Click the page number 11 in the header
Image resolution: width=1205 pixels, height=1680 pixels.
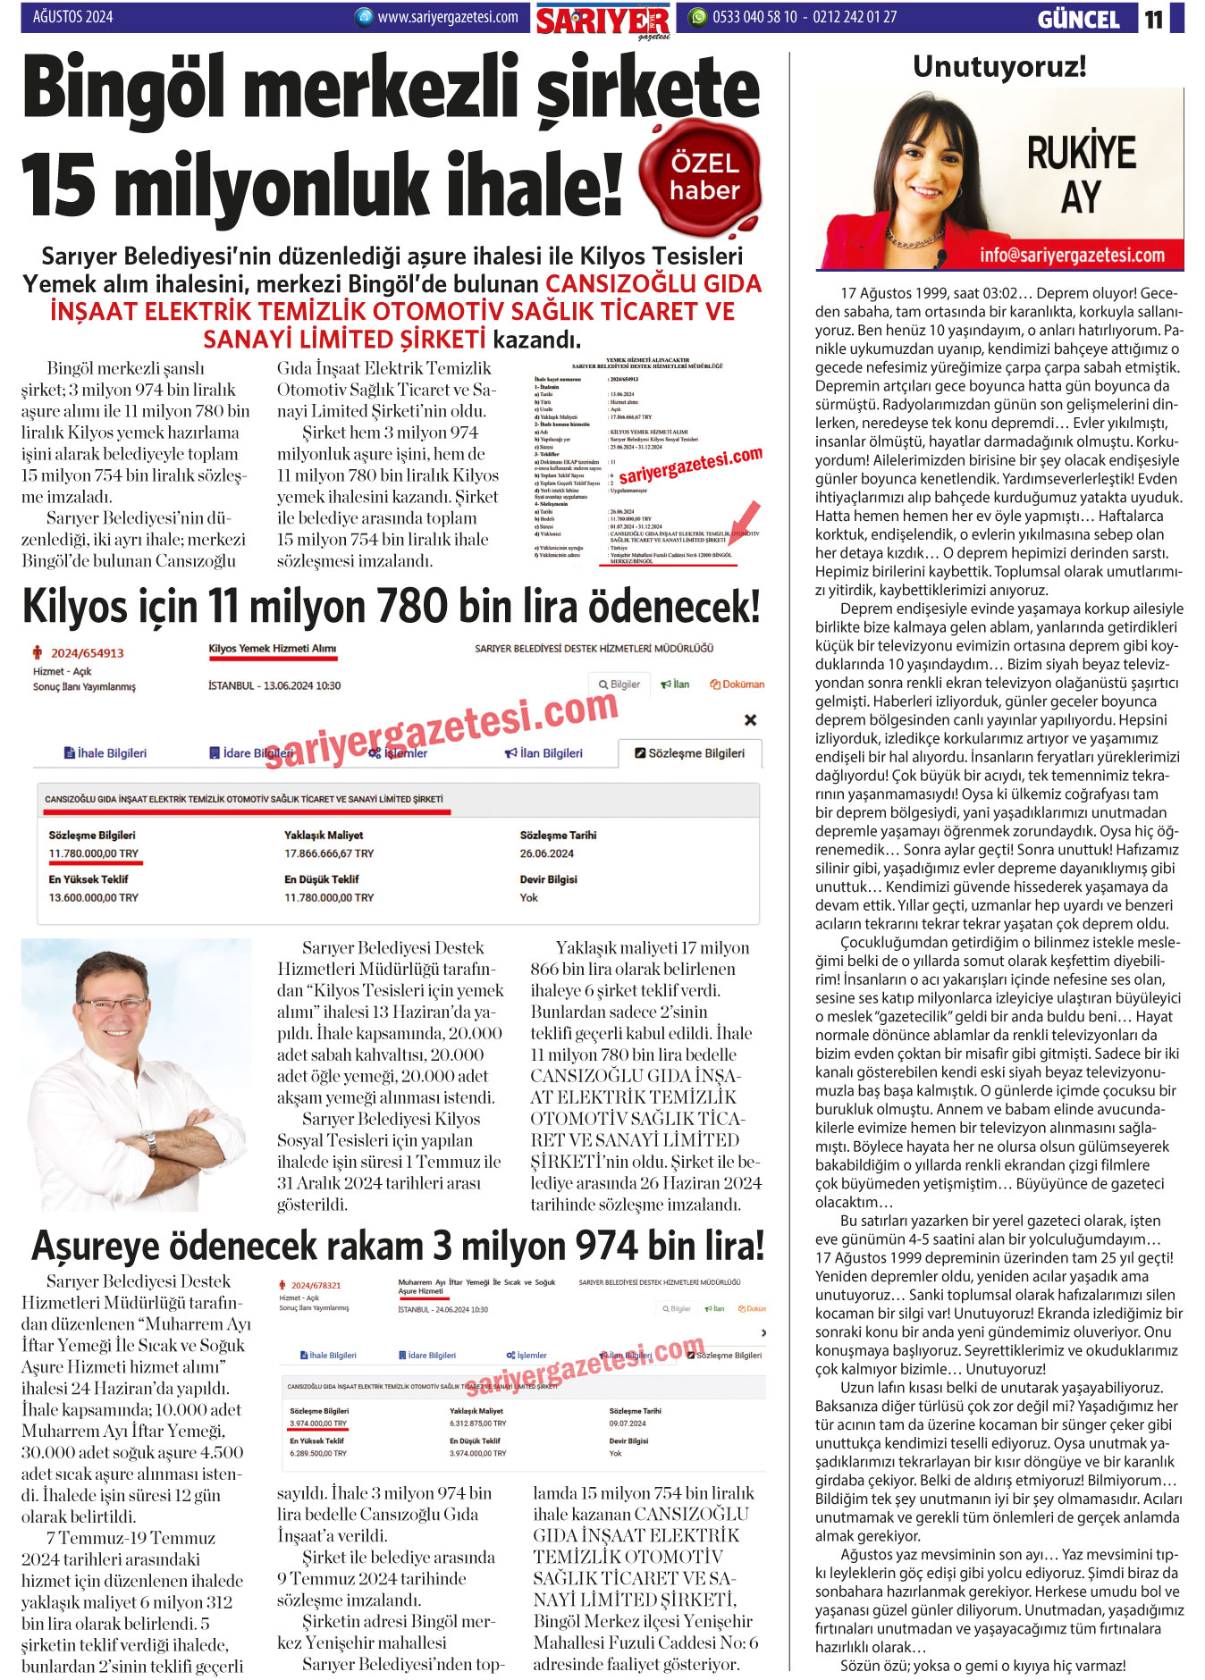[1154, 19]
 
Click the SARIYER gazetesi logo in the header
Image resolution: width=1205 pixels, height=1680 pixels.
[602, 21]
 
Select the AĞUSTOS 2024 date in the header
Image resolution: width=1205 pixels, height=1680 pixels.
[72, 16]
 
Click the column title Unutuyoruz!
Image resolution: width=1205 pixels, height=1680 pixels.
[999, 66]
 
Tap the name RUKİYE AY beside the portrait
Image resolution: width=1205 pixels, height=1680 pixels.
[1081, 174]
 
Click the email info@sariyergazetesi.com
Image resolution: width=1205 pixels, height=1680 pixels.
[1071, 256]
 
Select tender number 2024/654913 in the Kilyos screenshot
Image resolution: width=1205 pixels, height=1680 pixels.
[87, 653]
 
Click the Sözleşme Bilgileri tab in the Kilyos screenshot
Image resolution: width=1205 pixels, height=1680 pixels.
[689, 753]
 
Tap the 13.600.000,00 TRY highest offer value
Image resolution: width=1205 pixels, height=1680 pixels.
[93, 897]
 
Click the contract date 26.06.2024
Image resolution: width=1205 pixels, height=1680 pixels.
[546, 853]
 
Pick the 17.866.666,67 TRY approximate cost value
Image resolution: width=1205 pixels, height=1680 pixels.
[329, 853]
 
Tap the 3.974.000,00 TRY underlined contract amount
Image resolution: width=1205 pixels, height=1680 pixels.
[317, 1424]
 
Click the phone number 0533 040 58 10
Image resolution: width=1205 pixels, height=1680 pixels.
[754, 16]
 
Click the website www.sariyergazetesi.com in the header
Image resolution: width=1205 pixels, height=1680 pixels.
[447, 16]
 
